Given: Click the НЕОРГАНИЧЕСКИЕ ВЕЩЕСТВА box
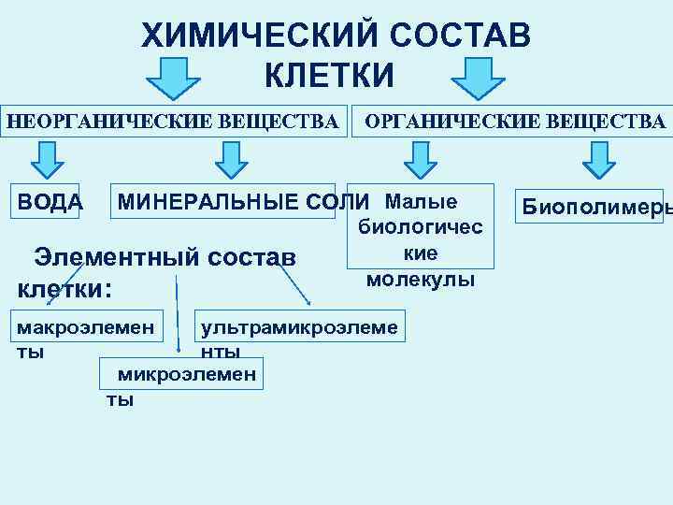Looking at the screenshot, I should click(x=173, y=121).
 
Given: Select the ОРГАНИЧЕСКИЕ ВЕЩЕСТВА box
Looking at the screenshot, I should click(x=514, y=121).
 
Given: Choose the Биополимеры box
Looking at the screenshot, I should click(x=594, y=207).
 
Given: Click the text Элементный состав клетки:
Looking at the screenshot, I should click(x=154, y=270).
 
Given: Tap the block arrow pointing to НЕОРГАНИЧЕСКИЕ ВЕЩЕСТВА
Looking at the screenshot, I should click(x=174, y=77).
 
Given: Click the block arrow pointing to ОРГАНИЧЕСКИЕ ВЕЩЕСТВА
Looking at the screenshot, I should click(x=479, y=77).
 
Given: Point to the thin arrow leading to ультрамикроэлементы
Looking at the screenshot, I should click(x=290, y=276).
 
